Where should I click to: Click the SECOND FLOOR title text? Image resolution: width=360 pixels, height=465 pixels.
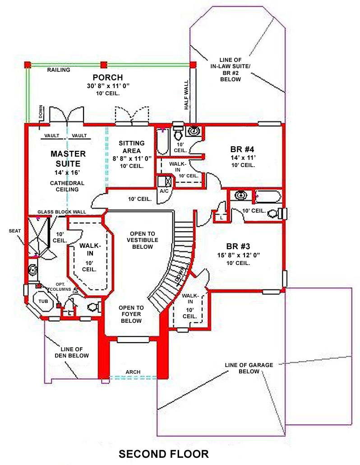pos(164,454)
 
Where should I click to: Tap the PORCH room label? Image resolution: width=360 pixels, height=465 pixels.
pos(108,77)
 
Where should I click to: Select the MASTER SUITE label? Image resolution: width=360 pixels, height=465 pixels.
pos(68,158)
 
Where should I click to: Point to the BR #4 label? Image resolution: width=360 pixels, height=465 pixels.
pos(242,149)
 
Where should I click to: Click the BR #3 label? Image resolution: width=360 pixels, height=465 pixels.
pos(238,246)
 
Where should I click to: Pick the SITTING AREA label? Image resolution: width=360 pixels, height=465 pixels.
pos(132,147)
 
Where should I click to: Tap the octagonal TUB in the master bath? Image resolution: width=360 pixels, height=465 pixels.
pos(43,301)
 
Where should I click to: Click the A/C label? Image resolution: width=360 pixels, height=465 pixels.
pos(164,191)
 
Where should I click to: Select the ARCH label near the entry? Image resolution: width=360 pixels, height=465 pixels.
pos(133,372)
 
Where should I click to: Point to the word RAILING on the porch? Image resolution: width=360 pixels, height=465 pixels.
pos(59,70)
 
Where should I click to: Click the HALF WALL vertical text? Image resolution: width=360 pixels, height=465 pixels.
pos(186,95)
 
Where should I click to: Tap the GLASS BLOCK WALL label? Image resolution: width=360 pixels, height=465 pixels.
pos(62,212)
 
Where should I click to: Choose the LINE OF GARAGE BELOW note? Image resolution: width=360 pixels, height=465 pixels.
pos(249,368)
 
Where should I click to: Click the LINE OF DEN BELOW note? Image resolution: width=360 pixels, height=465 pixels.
pos(72,352)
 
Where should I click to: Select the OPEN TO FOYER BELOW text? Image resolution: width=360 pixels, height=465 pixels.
pos(131,314)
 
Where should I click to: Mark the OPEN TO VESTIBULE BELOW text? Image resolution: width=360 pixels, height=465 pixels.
pos(143,240)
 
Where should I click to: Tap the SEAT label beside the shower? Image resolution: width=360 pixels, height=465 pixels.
pos(15,231)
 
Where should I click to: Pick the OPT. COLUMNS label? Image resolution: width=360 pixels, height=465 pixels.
pos(60,287)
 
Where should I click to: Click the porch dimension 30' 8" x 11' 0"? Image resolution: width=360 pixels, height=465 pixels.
pos(108,86)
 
